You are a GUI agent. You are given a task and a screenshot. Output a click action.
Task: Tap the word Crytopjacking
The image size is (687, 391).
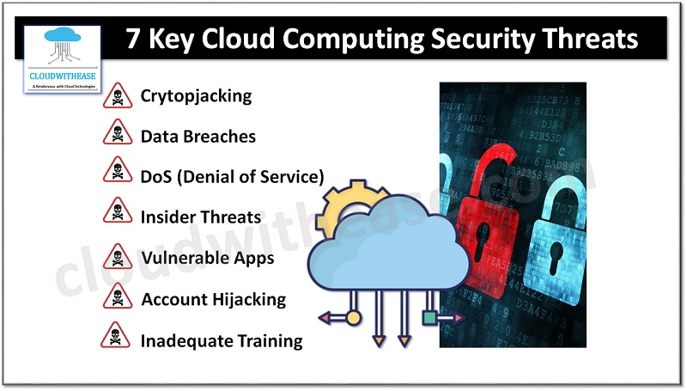pyautogui.click(x=196, y=95)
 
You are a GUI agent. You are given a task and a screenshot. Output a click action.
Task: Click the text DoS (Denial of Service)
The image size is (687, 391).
pyautogui.click(x=232, y=177)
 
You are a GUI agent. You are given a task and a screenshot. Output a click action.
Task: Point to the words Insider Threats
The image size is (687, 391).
pyautogui.click(x=201, y=217)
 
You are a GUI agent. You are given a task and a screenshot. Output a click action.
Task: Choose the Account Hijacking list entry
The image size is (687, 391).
pyautogui.click(x=213, y=299)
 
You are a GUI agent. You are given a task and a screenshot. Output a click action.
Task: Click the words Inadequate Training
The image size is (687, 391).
pyautogui.click(x=222, y=340)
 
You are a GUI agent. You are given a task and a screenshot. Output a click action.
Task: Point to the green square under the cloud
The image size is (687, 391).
pyautogui.click(x=429, y=318)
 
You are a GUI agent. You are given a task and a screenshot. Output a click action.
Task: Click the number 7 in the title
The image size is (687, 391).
pyautogui.click(x=136, y=40)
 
